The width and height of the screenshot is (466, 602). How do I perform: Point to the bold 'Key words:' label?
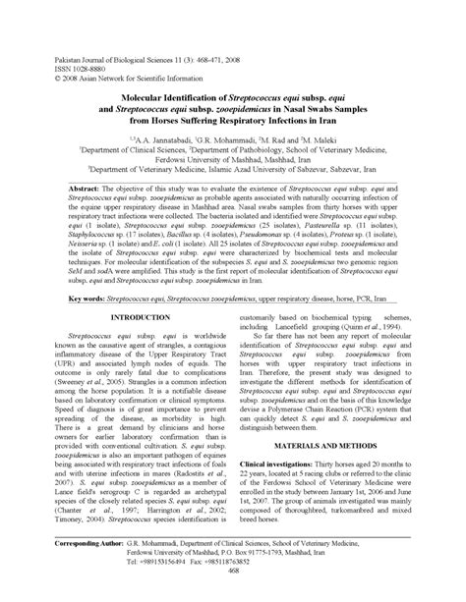point(89,296)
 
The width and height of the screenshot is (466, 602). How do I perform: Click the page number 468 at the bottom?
point(233,592)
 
